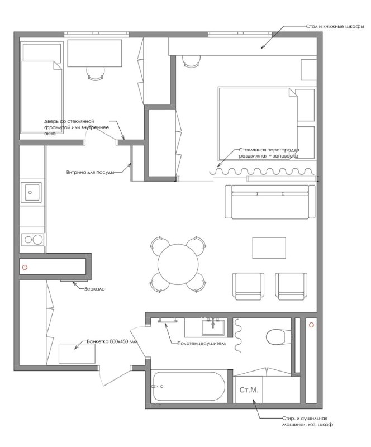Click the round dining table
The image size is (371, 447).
[178, 264]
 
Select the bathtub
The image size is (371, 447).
[188, 387]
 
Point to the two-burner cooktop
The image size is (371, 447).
[33, 240]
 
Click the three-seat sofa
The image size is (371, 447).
[270, 202]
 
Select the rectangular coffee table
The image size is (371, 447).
[269, 248]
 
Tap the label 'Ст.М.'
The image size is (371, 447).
[249, 389]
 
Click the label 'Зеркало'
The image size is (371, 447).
[94, 289]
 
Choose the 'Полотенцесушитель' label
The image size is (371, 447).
[202, 344]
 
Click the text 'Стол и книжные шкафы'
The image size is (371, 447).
[335, 26]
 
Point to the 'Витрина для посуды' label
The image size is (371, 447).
[90, 172]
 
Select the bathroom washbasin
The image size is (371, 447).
[213, 327]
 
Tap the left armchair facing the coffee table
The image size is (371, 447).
[248, 286]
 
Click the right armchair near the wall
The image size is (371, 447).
[291, 286]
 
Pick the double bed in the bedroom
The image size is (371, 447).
[267, 123]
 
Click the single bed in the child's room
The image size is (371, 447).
[41, 87]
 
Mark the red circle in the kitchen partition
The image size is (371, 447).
[25, 267]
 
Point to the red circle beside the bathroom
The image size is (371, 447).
[311, 325]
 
